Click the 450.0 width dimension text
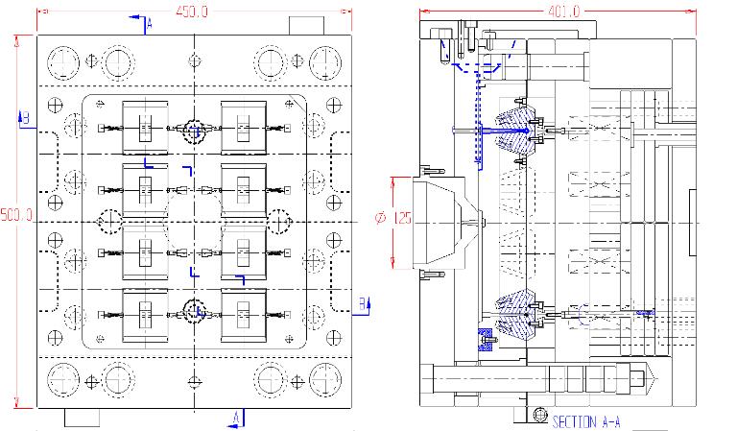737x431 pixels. click(192, 12)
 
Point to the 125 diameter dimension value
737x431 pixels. click(401, 219)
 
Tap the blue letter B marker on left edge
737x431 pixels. click(26, 118)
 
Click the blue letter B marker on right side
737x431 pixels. click(362, 304)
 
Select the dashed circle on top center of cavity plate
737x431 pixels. click(195, 129)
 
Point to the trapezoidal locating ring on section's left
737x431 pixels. click(444, 220)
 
